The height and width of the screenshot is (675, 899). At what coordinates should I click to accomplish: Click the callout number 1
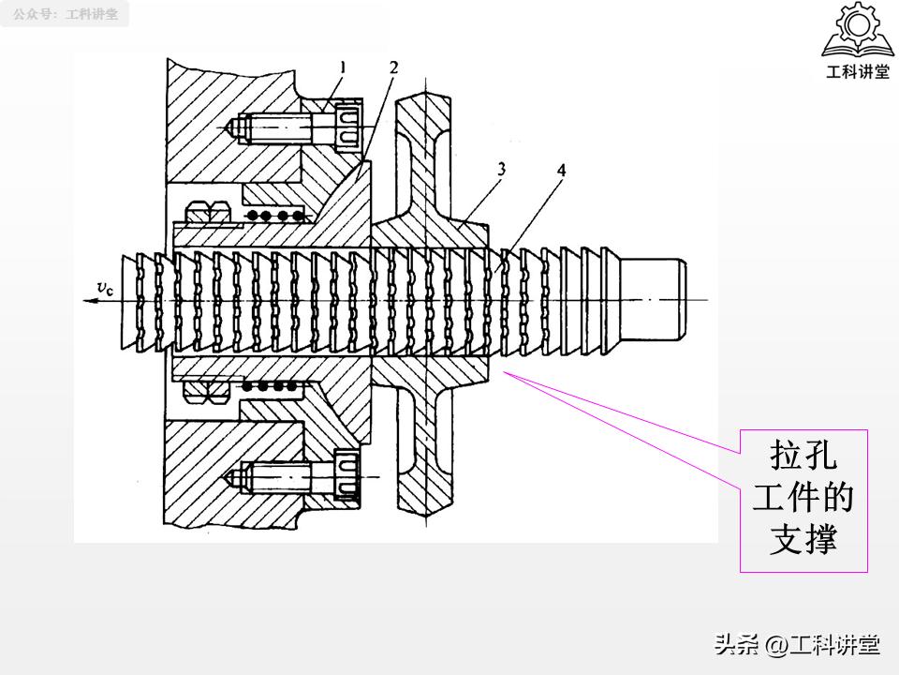pos(343,67)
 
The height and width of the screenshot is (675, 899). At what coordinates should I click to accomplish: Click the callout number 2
pos(393,67)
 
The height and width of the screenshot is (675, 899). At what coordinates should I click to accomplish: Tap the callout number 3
pos(502,170)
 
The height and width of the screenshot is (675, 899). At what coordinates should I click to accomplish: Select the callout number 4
pos(561,171)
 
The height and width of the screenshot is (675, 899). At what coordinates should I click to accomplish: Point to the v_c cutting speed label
pos(106,288)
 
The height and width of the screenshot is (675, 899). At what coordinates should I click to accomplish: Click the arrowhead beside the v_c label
pos(90,301)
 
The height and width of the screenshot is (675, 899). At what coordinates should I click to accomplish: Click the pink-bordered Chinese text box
pos(803,501)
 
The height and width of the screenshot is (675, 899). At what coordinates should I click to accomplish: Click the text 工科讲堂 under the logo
pos(858,71)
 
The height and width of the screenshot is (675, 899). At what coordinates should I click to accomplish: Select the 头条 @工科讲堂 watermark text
pos(797,645)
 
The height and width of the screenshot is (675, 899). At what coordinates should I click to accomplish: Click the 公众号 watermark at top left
pos(66,14)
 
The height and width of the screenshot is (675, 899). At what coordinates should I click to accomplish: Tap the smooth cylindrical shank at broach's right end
pos(654,300)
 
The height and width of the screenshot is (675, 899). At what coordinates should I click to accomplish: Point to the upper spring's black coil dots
pos(274,216)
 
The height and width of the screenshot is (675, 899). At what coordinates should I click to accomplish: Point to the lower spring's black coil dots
pos(271,386)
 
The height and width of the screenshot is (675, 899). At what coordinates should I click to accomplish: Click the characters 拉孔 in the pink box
pos(803,455)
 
